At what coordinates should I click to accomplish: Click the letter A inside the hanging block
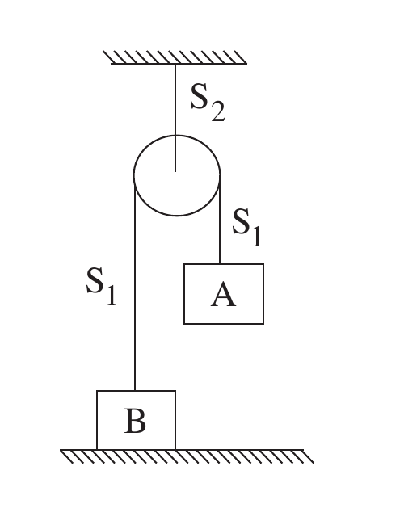click(224, 294)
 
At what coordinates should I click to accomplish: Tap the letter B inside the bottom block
click(135, 421)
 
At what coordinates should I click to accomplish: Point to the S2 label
click(208, 103)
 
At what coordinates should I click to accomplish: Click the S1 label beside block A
click(247, 227)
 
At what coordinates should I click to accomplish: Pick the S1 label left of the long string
click(101, 286)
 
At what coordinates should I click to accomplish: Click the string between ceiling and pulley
click(175, 118)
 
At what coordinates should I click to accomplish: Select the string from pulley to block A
click(220, 220)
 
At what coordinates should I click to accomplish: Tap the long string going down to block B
click(135, 283)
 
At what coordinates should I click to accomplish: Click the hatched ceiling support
click(175, 57)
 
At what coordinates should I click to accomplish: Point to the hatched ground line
click(187, 456)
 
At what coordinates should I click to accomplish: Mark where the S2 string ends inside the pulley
click(175, 171)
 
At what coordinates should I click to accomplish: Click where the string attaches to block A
click(220, 264)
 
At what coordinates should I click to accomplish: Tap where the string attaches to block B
click(135, 391)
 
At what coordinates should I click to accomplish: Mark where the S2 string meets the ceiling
click(175, 64)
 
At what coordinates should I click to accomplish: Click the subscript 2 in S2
click(218, 111)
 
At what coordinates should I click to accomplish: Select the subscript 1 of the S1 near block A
click(257, 237)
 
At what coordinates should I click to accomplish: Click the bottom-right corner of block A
click(263, 324)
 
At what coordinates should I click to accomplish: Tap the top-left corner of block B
click(97, 391)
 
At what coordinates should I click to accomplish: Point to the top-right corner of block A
click(263, 264)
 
